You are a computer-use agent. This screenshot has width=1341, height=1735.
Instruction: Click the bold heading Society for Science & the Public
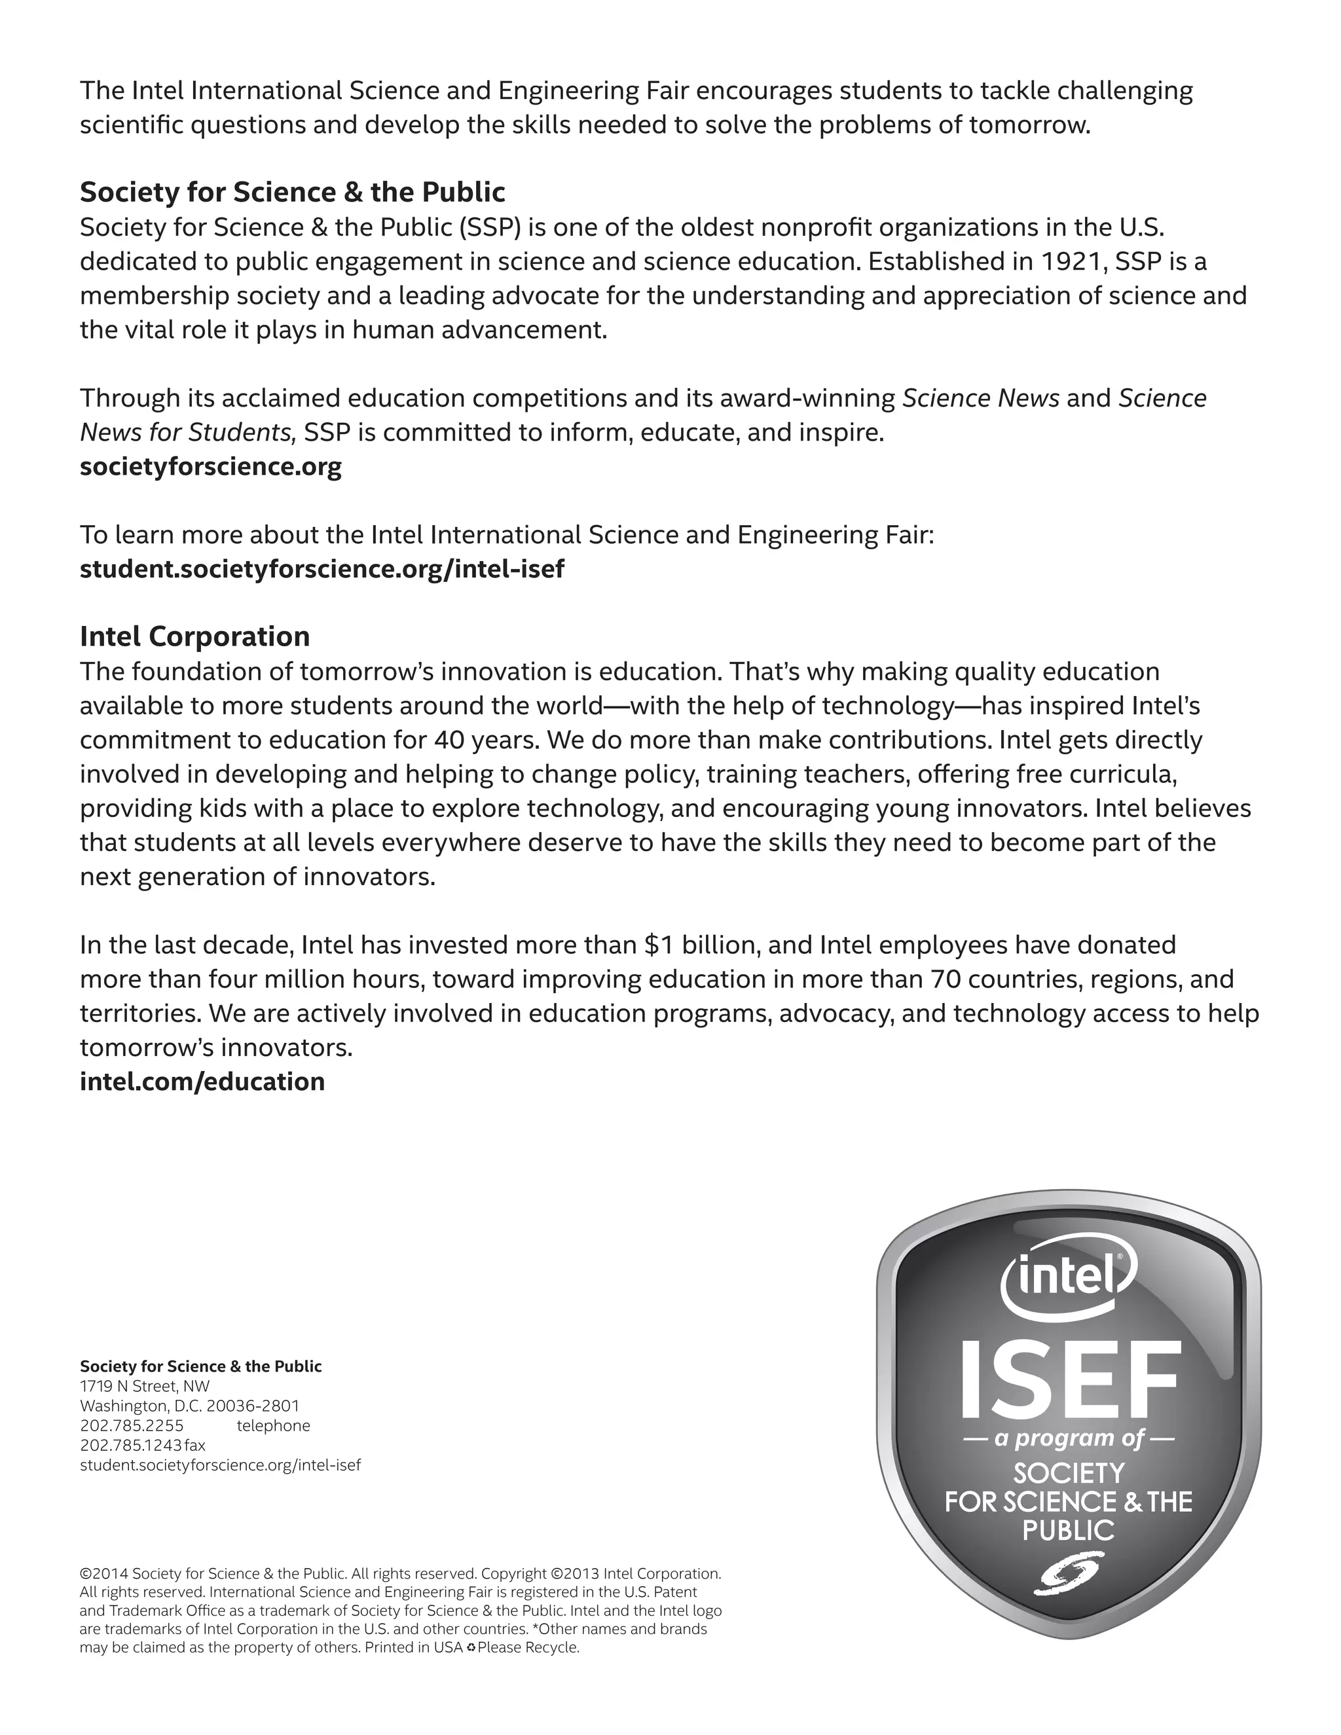(292, 192)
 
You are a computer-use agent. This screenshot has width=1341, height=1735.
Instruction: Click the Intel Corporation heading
(194, 636)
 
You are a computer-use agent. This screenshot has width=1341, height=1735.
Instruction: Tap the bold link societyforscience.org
(211, 466)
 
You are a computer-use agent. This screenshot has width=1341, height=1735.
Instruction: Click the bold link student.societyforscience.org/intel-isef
(321, 569)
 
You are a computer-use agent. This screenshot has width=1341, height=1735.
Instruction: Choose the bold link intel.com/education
(202, 1081)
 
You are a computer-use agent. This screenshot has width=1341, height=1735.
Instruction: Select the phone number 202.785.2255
(132, 1425)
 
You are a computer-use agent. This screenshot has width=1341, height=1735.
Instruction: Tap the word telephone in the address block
(273, 1425)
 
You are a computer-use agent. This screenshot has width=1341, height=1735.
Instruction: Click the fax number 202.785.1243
(131, 1445)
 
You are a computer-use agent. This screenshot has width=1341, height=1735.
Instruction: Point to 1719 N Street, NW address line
(145, 1386)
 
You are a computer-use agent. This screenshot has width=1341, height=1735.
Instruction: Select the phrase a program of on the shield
(1069, 1438)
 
